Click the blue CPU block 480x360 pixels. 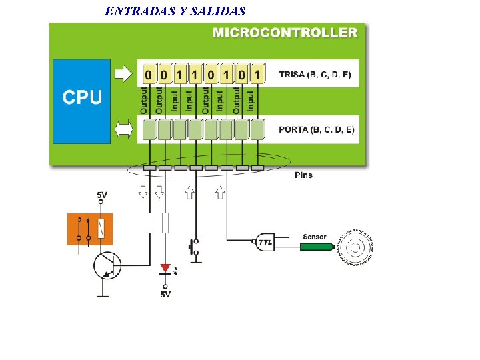point(81,100)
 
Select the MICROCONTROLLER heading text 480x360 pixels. point(285,32)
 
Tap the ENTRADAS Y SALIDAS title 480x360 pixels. point(175,11)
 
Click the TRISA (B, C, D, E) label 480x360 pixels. point(315,74)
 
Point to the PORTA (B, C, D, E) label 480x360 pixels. point(317,129)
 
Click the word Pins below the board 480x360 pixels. point(303,175)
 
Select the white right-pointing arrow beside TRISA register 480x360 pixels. point(124,73)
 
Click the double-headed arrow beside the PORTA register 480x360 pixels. point(124,129)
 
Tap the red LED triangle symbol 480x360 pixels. point(165,268)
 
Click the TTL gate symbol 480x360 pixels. point(265,243)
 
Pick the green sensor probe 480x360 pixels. point(317,247)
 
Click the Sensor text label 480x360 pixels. point(315,237)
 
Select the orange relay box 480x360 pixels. point(90,229)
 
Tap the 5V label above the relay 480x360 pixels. point(101,195)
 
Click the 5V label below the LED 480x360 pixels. point(165,294)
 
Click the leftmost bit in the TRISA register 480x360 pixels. point(147,73)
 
